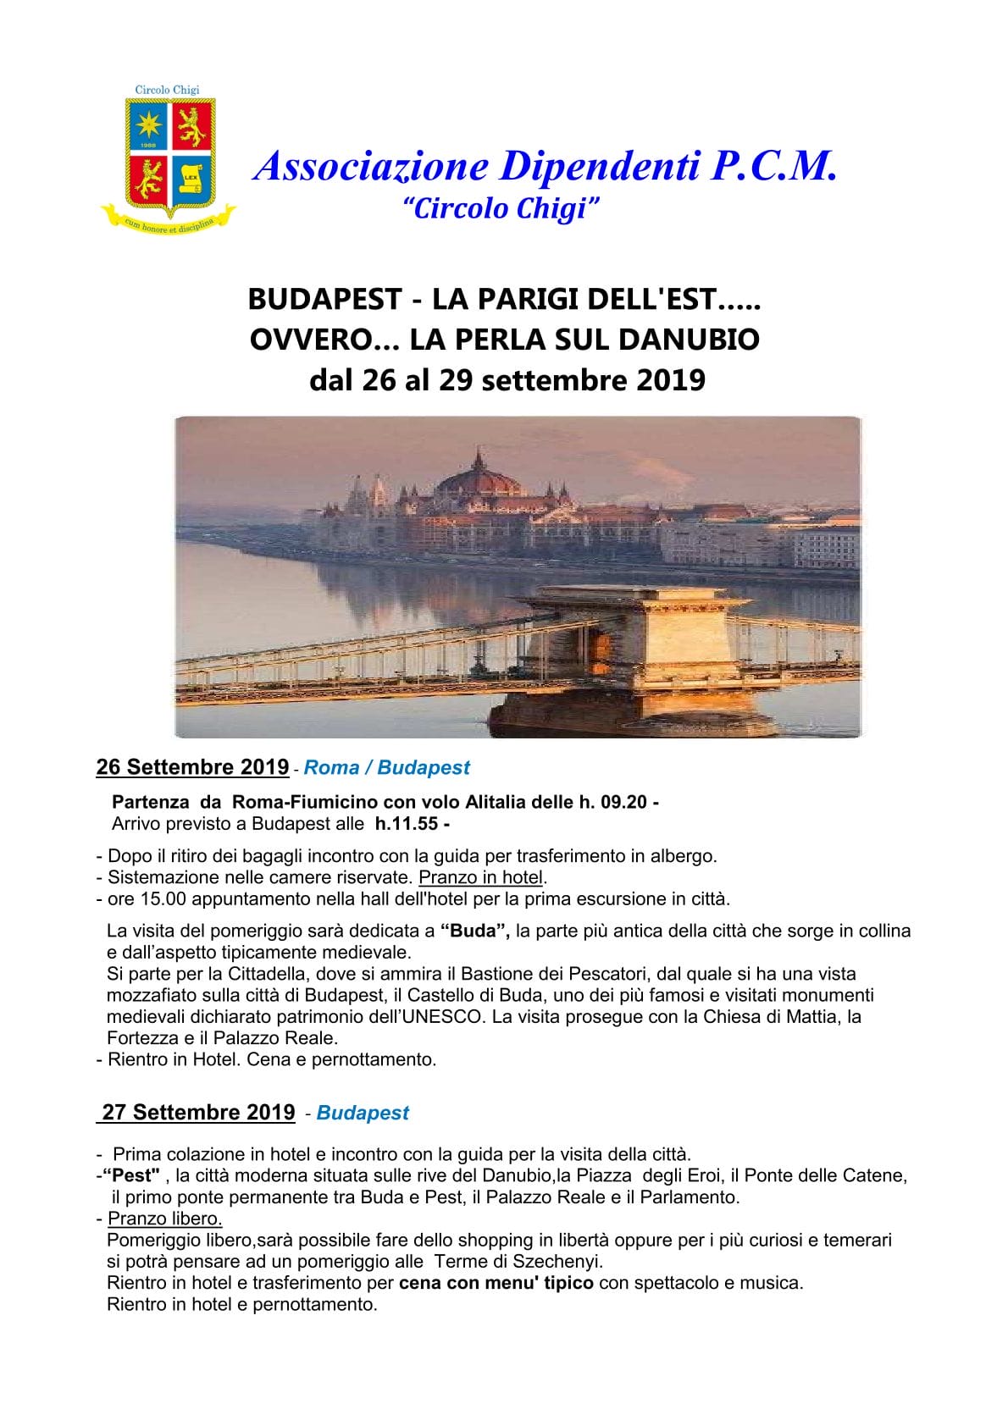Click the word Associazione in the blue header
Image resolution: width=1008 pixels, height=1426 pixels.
372,166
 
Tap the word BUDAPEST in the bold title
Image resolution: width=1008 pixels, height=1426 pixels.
324,299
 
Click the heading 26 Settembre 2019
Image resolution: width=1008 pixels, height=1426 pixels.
192,767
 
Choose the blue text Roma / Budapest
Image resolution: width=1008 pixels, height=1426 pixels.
386,768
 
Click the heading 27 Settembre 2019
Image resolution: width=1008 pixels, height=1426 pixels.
198,1113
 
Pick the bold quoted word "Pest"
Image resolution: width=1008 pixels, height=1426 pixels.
131,1175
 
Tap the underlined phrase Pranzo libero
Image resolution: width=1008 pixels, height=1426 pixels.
164,1219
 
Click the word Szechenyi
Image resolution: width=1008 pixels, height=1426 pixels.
558,1262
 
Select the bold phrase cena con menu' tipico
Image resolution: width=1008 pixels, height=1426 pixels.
496,1283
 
